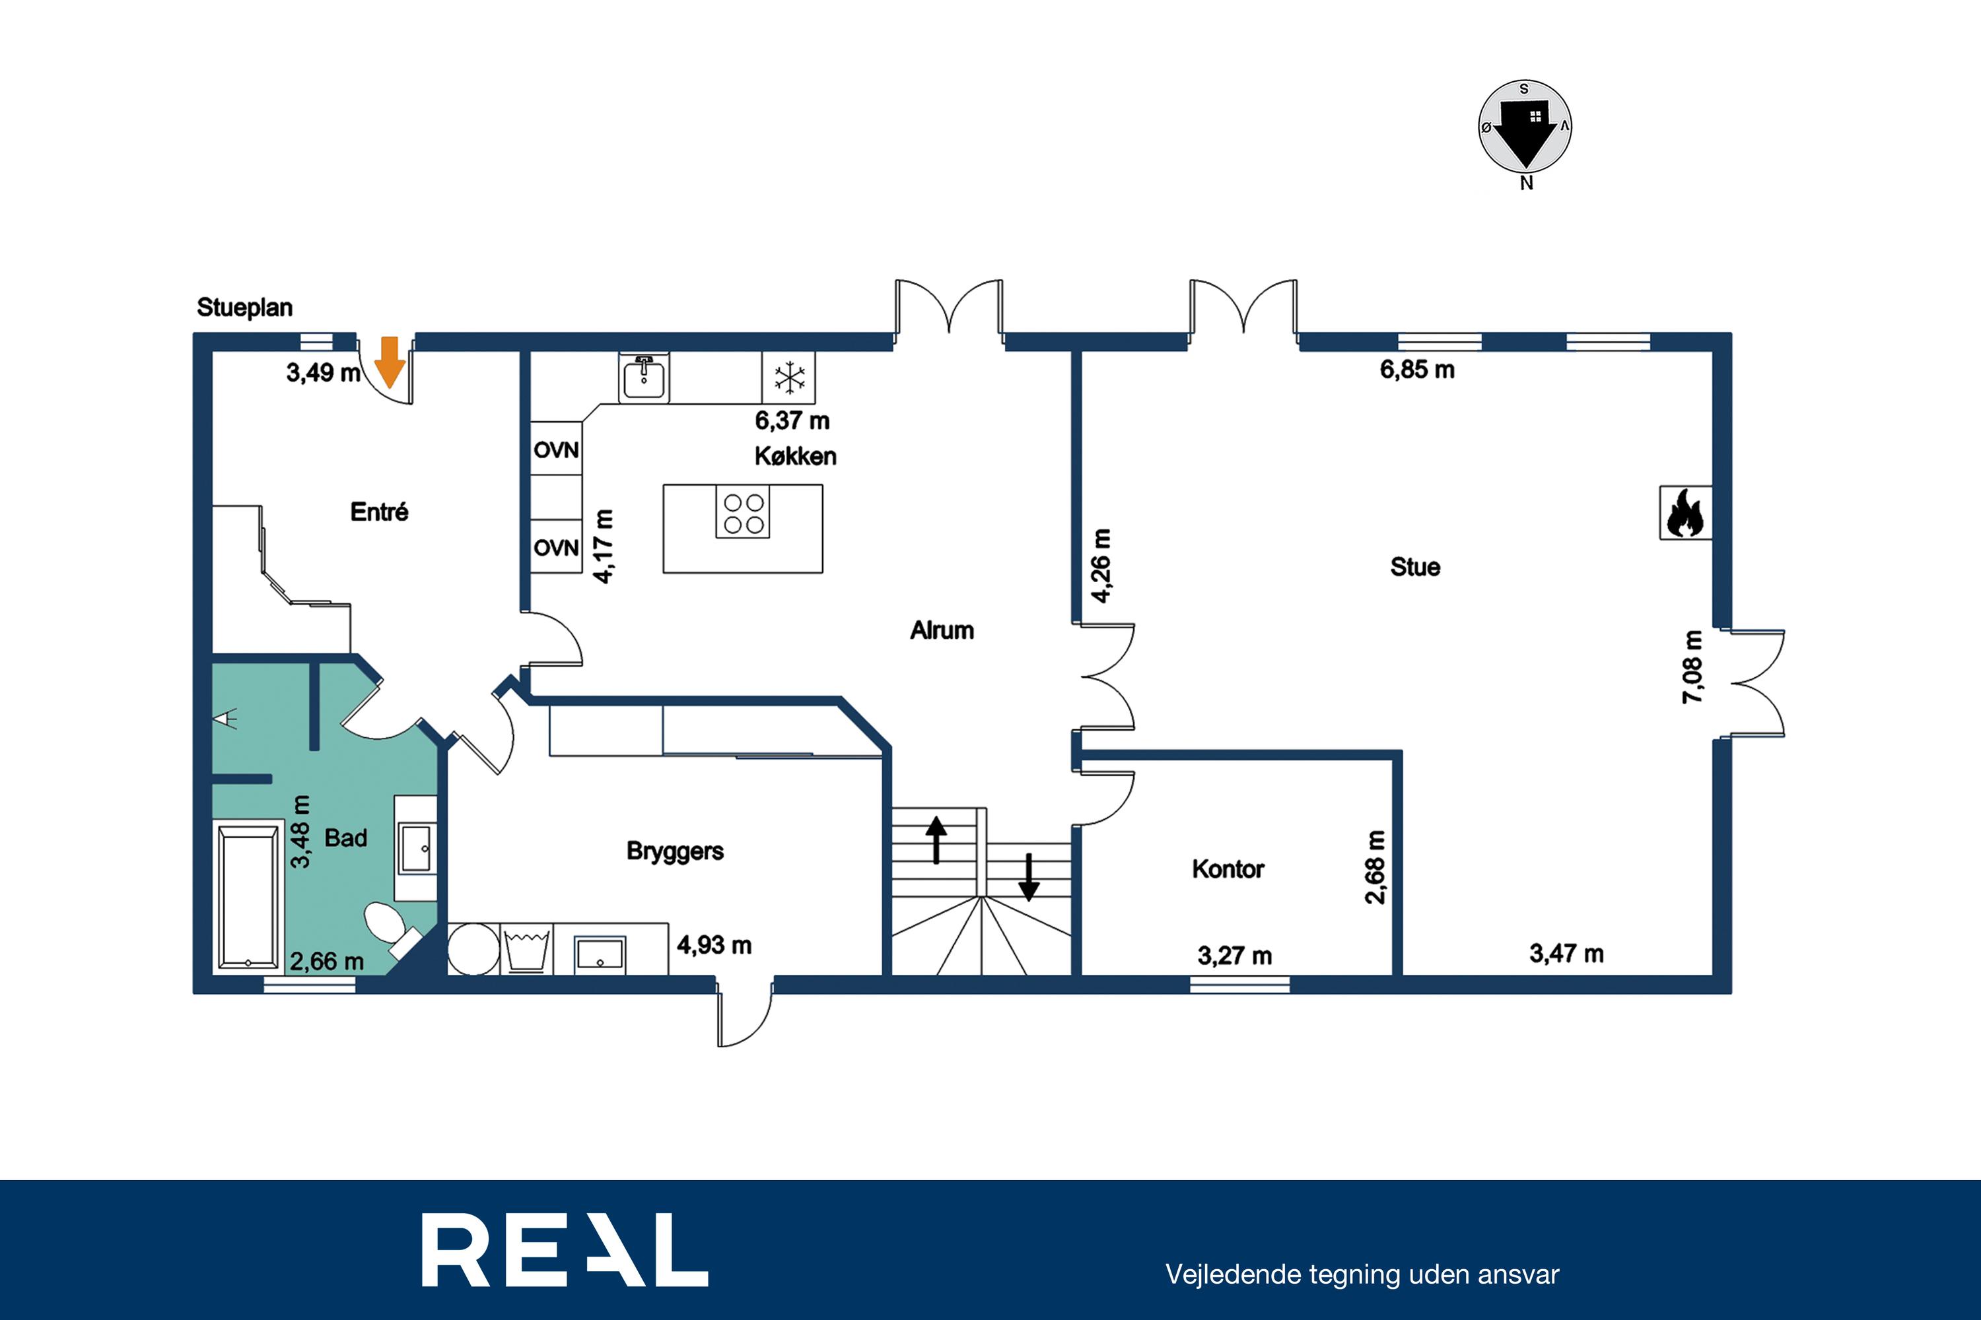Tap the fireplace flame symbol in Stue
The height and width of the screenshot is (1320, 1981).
tap(1685, 513)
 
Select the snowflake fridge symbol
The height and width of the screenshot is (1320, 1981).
tap(789, 378)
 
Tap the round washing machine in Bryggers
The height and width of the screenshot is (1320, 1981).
tap(473, 950)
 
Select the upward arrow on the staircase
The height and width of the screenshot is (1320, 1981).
tap(936, 840)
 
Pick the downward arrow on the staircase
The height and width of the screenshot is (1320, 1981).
tap(1028, 877)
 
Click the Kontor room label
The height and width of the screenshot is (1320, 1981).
tap(1228, 869)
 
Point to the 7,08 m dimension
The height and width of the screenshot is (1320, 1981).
tap(1692, 667)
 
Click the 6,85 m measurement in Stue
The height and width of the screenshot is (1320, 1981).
tap(1418, 370)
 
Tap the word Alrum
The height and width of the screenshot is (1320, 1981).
tap(942, 630)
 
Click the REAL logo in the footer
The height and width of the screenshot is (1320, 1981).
tap(565, 1249)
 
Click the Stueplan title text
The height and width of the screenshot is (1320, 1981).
tap(245, 308)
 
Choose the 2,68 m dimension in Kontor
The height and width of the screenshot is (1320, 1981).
tap(1375, 867)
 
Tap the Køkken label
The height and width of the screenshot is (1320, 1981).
tap(796, 456)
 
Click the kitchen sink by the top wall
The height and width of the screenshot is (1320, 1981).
tap(644, 379)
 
